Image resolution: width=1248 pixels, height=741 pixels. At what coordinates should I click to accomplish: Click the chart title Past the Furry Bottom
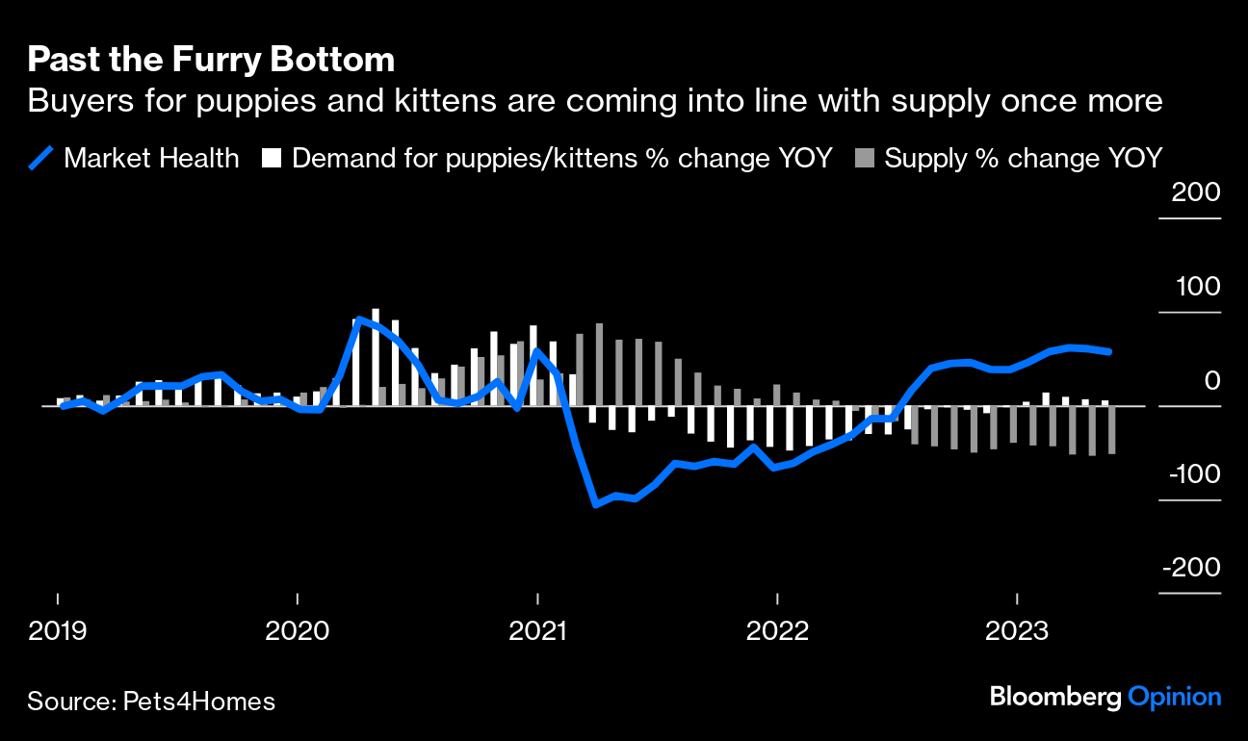[x=211, y=60]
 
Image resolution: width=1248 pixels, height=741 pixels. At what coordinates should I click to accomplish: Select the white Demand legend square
[x=272, y=159]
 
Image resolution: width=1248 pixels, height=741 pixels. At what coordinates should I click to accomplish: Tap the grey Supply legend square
[x=865, y=159]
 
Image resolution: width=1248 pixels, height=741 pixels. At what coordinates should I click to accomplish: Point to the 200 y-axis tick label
[x=1196, y=192]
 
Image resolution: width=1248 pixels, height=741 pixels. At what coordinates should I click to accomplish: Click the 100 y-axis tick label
[x=1196, y=287]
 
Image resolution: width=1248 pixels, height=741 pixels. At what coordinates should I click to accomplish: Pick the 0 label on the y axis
[x=1211, y=381]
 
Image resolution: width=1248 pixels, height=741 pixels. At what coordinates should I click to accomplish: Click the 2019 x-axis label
[x=58, y=631]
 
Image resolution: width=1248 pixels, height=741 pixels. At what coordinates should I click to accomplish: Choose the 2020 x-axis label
[x=297, y=631]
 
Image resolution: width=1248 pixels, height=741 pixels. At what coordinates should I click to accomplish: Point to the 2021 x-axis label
[x=537, y=631]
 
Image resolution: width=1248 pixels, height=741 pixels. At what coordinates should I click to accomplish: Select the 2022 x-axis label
[x=778, y=631]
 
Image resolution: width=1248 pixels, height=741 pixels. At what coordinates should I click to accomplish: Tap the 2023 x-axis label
[x=1018, y=631]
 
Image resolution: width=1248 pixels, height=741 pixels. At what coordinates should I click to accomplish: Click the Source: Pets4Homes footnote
[x=151, y=702]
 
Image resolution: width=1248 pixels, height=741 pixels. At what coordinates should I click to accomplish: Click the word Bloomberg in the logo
[x=1055, y=697]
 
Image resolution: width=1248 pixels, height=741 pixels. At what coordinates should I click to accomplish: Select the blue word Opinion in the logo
[x=1175, y=697]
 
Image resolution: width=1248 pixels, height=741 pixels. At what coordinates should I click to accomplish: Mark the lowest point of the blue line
[x=596, y=503]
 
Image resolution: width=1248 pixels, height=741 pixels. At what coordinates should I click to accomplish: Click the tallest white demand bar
[x=376, y=356]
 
